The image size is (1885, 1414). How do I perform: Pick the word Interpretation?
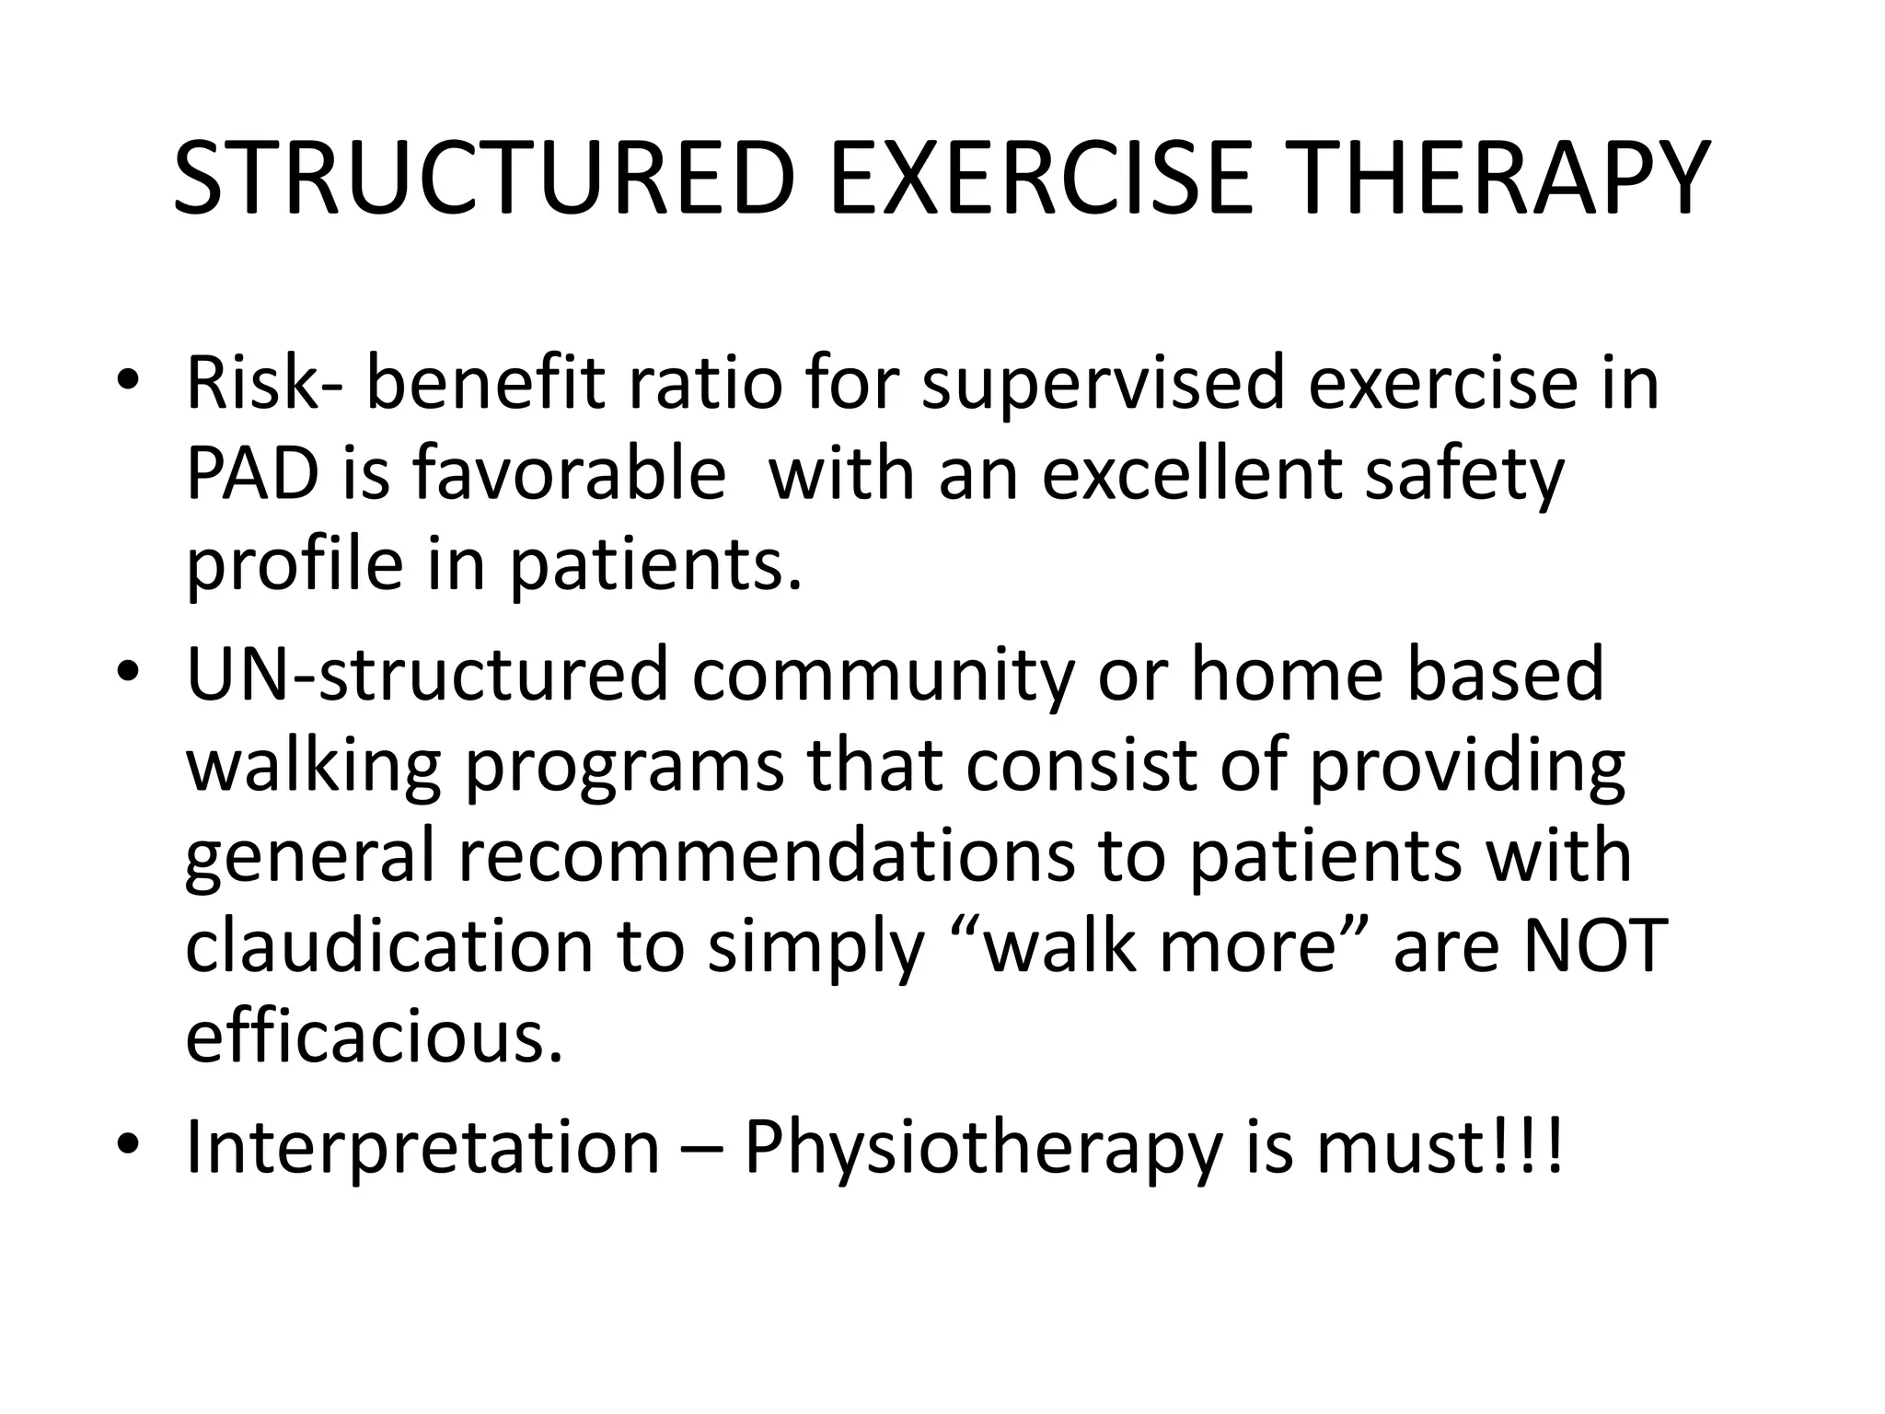(422, 1149)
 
